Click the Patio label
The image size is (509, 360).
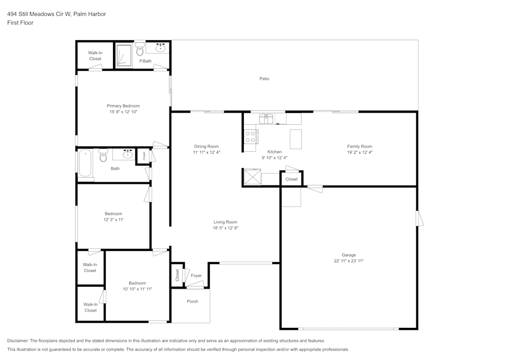[264, 78]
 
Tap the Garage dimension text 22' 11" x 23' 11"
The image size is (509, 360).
[349, 261]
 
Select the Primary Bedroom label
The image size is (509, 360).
[123, 106]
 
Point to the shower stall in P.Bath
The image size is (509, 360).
[124, 56]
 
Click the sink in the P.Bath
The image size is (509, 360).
[161, 48]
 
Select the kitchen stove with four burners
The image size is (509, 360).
[250, 136]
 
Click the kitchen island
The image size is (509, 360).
[296, 139]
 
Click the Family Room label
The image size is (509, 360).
[359, 146]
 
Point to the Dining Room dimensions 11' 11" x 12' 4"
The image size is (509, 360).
[206, 152]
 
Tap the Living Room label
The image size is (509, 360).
[225, 222]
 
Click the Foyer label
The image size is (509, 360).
[196, 276]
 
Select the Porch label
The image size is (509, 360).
[192, 301]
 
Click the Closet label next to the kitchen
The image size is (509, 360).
[292, 179]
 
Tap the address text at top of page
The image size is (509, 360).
[56, 14]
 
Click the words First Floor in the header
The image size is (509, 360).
[20, 23]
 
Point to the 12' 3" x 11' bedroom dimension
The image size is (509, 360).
[114, 219]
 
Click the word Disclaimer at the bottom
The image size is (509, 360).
[18, 341]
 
